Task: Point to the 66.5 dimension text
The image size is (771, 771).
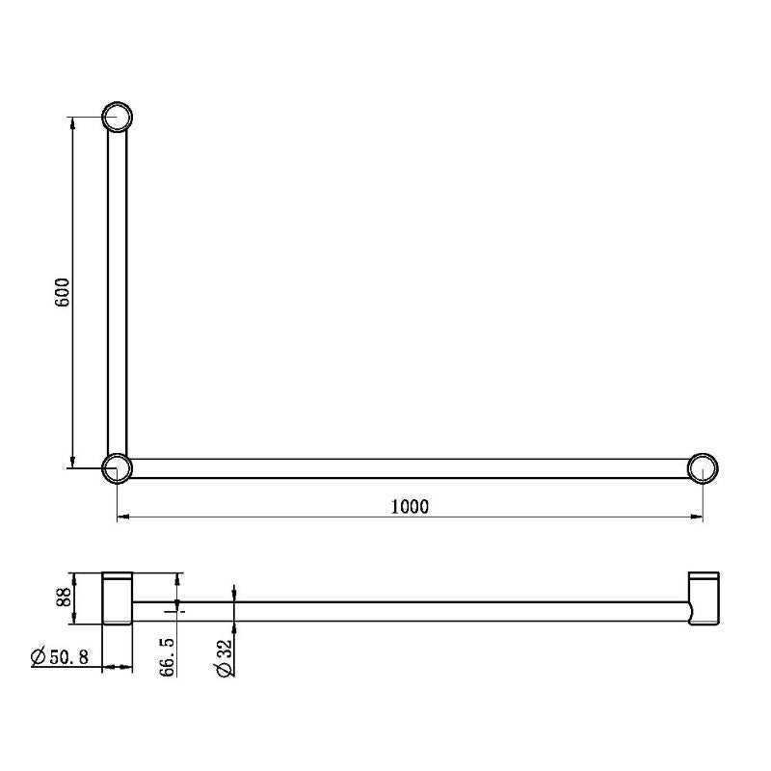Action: [x=168, y=656]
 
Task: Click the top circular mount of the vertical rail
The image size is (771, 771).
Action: [x=117, y=117]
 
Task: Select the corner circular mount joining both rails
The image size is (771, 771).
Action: [x=117, y=468]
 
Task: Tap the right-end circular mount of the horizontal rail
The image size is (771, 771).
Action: [x=704, y=468]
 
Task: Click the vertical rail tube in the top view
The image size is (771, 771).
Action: [x=117, y=289]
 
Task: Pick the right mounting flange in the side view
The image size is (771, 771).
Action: [x=703, y=598]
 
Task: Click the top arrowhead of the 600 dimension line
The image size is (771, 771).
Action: [x=72, y=124]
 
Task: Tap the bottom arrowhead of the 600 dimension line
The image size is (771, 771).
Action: [x=72, y=462]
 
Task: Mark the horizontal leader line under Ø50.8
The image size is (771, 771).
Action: [x=67, y=667]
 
